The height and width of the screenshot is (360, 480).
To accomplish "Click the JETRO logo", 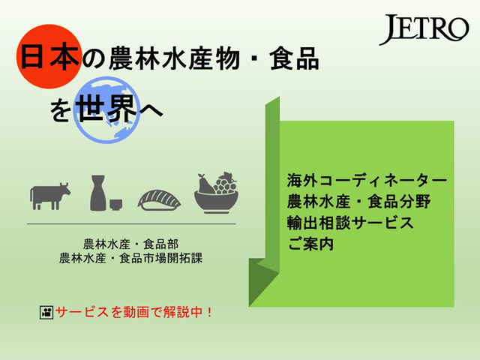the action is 424,29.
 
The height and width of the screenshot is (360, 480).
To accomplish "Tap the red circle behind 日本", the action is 49,56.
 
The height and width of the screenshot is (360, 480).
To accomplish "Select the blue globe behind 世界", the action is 107,110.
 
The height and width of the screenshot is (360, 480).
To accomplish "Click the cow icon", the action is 50,196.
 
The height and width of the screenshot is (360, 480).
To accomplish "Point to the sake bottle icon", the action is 98,193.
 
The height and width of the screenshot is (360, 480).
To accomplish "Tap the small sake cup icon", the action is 116,205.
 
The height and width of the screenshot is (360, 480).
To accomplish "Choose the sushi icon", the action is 159,200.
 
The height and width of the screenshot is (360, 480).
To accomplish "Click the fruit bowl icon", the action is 217,193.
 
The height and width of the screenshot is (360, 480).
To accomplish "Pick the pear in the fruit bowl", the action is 205,184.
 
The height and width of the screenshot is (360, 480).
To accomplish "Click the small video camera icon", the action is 46,313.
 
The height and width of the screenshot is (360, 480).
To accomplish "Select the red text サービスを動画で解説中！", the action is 133,312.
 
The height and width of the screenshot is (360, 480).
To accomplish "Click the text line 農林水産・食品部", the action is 130,244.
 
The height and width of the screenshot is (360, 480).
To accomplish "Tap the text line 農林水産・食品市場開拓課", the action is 130,258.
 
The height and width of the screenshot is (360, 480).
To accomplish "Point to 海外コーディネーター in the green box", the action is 367,181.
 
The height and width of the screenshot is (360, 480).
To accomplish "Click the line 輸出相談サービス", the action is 350,223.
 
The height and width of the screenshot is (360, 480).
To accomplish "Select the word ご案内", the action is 310,244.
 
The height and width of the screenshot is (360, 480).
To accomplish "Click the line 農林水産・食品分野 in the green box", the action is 358,202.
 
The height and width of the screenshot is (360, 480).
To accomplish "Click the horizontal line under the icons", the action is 131,223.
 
